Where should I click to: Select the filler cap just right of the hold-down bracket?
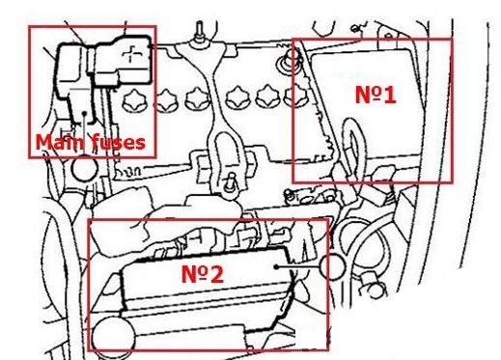237,97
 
